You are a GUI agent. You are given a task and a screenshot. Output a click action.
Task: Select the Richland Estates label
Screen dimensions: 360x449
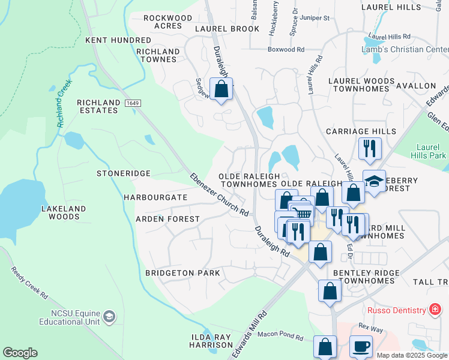[x=98, y=107]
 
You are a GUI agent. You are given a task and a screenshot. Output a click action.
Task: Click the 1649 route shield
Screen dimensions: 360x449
[x=133, y=103]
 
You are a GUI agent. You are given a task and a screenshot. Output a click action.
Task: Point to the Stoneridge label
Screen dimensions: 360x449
[x=123, y=173]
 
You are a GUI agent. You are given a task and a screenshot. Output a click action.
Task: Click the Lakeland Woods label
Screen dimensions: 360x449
[x=64, y=213]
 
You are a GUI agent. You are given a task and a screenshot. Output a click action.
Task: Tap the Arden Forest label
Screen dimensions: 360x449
[x=167, y=219]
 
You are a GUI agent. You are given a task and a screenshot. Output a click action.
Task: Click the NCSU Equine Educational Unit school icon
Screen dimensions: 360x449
[x=109, y=316]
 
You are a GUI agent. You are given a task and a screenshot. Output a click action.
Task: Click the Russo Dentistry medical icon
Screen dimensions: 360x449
[x=435, y=310]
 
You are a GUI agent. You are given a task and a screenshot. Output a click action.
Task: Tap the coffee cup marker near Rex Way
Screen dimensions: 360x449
[x=361, y=346]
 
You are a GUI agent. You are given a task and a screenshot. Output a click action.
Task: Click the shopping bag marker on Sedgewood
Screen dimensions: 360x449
[x=221, y=89]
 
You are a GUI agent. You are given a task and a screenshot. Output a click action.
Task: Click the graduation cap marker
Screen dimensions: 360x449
[x=375, y=182]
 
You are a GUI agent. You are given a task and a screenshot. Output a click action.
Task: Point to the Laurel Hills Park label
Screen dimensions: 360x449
[x=431, y=151]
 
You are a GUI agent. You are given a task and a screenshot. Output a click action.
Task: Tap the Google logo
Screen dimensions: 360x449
[x=20, y=353]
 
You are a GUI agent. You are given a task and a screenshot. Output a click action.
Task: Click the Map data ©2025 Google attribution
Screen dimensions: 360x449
[x=411, y=355]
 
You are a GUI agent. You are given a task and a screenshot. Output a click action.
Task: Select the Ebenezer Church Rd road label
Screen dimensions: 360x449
[x=219, y=194]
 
